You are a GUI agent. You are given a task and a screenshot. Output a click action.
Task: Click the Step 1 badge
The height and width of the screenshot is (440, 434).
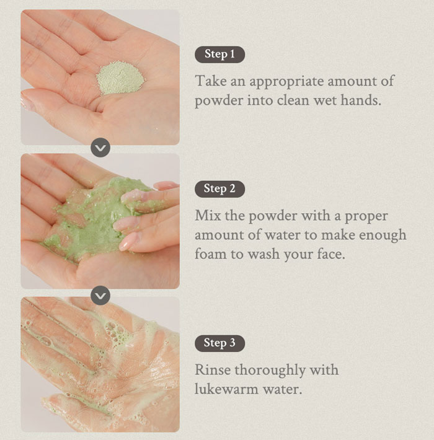(x=219, y=55)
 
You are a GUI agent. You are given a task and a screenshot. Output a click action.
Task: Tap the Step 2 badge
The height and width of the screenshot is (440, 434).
(x=219, y=189)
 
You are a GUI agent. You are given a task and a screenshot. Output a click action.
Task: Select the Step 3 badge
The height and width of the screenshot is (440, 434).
(x=219, y=343)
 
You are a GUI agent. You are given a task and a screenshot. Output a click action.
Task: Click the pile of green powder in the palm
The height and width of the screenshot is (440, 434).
(x=120, y=81)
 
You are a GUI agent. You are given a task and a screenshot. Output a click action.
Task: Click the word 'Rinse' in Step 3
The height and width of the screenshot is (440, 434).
(x=212, y=370)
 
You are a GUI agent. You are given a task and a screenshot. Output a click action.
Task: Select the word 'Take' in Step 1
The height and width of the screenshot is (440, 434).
(x=210, y=81)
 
